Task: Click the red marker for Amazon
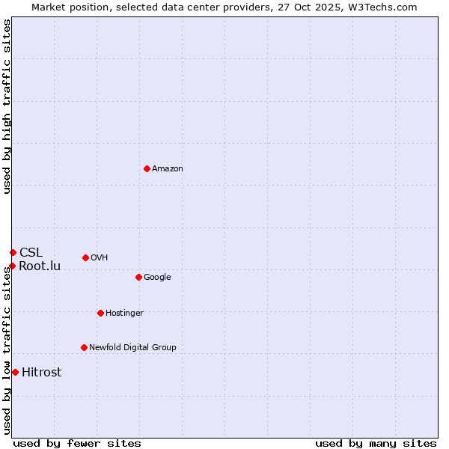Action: coord(147,168)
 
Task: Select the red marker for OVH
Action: coord(85,257)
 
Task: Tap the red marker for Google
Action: coord(138,277)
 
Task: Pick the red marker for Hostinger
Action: coord(100,313)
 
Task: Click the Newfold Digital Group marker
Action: coord(84,347)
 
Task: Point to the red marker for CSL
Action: coord(13,252)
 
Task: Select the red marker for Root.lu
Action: coord(12,266)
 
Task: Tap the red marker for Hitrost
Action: coord(15,372)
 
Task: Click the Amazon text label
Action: coord(168,168)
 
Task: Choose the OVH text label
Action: coord(100,257)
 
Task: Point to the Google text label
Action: coord(157,277)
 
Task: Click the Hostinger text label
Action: coord(124,313)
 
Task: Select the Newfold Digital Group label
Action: coord(132,347)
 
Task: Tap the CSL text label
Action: coord(31,252)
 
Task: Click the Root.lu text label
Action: coord(40,266)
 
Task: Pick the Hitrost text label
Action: coord(42,372)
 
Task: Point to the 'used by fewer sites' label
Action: coord(77,443)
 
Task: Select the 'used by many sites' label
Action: coord(376,443)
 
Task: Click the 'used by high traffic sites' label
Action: coord(7,106)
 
